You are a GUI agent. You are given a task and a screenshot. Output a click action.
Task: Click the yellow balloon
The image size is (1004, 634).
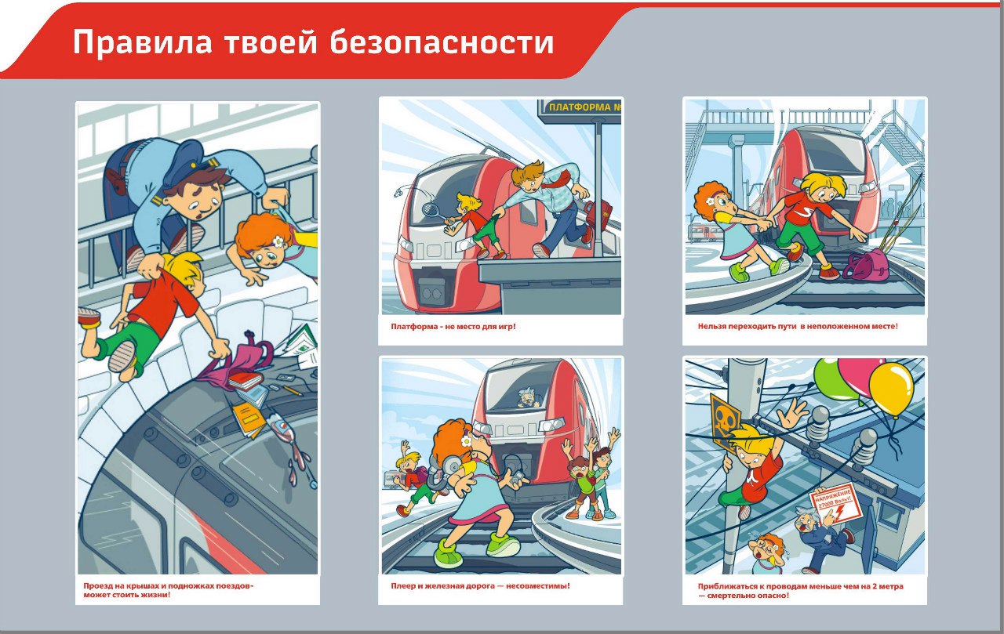pyautogui.click(x=892, y=388)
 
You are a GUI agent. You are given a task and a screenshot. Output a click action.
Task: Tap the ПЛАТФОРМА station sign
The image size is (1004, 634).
pyautogui.click(x=580, y=107)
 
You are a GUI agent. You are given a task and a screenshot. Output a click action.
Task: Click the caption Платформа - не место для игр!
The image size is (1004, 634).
pyautogui.click(x=453, y=326)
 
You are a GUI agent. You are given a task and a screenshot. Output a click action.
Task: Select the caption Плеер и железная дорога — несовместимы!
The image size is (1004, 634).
pyautogui.click(x=480, y=585)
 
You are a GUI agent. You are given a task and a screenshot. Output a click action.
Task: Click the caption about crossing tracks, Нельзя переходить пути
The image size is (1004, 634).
pyautogui.click(x=797, y=326)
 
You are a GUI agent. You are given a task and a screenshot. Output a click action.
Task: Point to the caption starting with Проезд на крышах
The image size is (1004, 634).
pyautogui.click(x=168, y=590)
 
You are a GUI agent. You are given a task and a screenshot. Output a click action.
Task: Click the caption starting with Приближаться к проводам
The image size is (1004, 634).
pyautogui.click(x=800, y=590)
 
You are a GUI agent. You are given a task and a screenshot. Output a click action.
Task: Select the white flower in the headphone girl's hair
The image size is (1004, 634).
pyautogui.click(x=466, y=442)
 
